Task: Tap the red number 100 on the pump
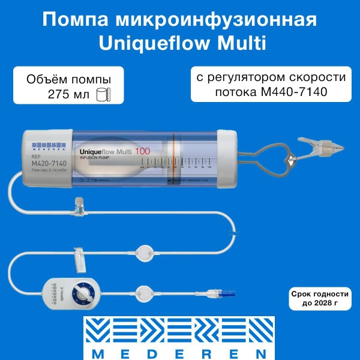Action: point(142,151)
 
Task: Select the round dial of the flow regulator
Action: point(82,293)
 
